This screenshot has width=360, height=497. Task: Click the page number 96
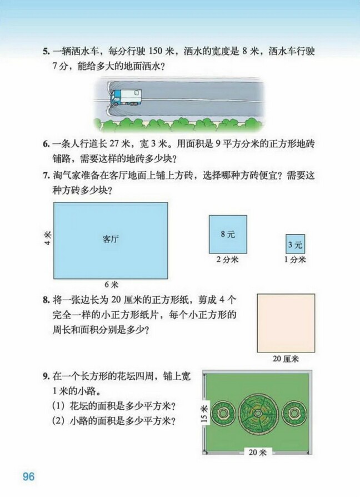click(28, 477)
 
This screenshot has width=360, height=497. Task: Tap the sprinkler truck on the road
click(126, 98)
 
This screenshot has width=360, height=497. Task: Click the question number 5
click(46, 52)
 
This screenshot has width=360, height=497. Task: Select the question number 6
click(46, 143)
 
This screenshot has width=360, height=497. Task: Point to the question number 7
click(46, 176)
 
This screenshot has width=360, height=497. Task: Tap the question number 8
click(46, 301)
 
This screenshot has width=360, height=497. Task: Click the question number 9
click(46, 377)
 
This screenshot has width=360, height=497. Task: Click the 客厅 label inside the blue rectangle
click(111, 240)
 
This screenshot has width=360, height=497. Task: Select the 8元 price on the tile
click(228, 234)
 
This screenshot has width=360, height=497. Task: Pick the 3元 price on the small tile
click(295, 244)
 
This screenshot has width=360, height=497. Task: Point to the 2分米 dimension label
click(227, 259)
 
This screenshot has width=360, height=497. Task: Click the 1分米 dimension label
click(294, 259)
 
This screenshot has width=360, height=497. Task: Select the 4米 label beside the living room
click(47, 240)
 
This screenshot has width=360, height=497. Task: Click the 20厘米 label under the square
click(286, 359)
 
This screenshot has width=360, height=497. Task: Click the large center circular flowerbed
click(258, 413)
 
